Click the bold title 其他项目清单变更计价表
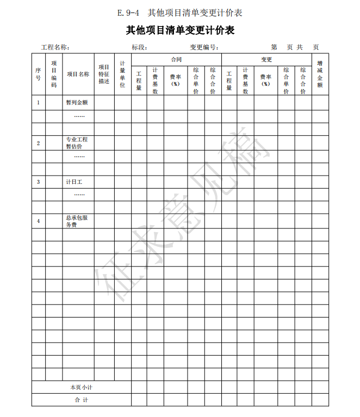(180, 30)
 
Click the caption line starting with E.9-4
(179, 12)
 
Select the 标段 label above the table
(140, 47)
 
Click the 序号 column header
(38, 74)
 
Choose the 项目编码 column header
(54, 74)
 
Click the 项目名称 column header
(78, 74)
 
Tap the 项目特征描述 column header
(104, 74)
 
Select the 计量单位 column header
(122, 74)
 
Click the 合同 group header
(176, 59)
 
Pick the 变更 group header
(266, 59)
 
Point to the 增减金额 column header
(320, 74)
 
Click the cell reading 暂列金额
(77, 102)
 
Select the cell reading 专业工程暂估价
(77, 142)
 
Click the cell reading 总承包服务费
(77, 221)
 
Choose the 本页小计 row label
(81, 387)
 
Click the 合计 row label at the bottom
(81, 400)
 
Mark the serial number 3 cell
(38, 182)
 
